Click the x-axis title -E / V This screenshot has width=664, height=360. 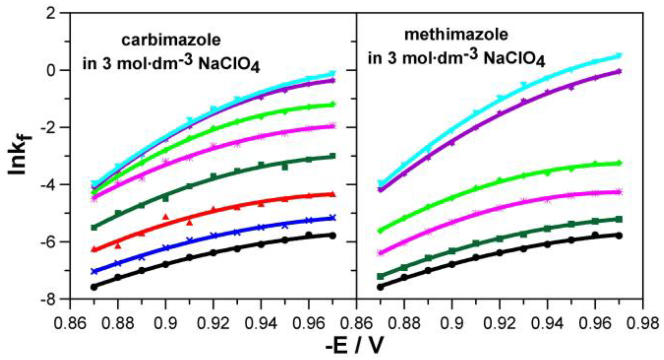[x=354, y=346]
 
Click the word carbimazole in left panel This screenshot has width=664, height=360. [x=171, y=40]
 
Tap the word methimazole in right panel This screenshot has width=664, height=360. [x=456, y=34]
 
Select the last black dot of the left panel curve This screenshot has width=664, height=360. [x=333, y=236]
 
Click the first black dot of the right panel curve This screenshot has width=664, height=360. [x=380, y=287]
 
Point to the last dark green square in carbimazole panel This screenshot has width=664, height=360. [x=333, y=156]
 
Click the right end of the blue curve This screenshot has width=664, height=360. [x=333, y=218]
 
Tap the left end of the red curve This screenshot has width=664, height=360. [x=94, y=249]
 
